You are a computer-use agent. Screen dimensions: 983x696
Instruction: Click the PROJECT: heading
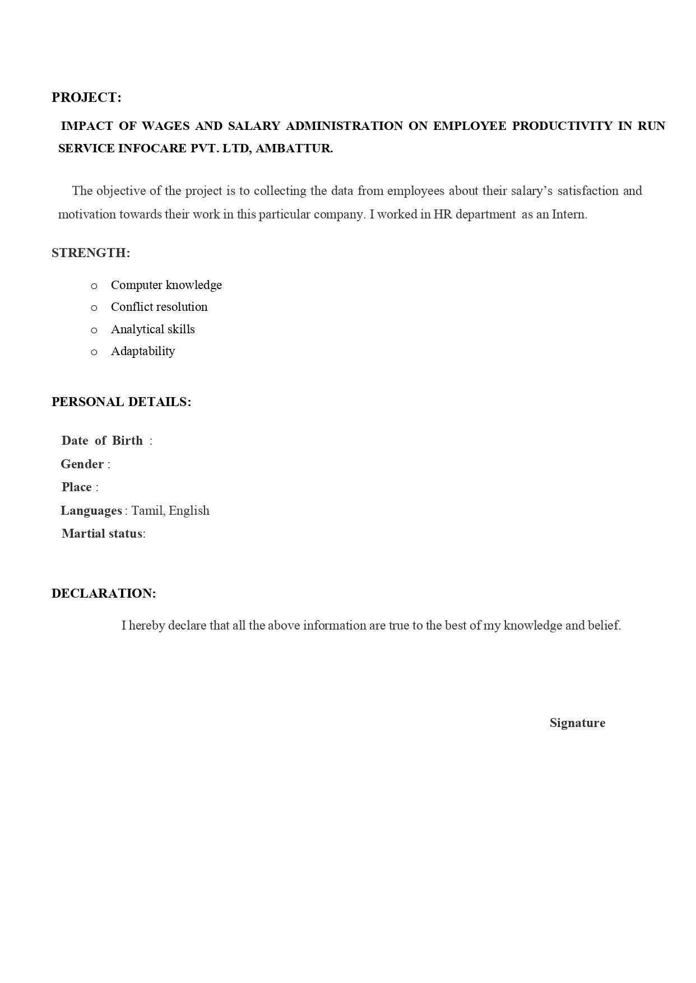(x=86, y=97)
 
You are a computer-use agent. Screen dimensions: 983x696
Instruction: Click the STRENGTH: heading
(x=91, y=253)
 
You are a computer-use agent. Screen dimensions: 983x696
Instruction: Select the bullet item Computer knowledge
(x=166, y=285)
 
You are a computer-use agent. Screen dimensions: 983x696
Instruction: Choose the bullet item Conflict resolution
(x=159, y=307)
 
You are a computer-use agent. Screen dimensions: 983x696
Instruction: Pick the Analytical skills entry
(x=152, y=329)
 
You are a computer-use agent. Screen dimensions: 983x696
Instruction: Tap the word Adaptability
(x=143, y=351)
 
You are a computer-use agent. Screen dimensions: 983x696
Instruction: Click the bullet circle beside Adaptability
(x=94, y=352)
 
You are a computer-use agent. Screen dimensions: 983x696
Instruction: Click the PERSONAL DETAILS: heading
(x=121, y=402)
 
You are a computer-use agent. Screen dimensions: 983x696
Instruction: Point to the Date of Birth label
(x=102, y=441)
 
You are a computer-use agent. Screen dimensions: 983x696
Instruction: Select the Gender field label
(x=82, y=464)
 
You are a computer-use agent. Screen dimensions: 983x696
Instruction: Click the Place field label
(x=77, y=487)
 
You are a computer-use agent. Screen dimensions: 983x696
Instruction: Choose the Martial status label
(x=102, y=534)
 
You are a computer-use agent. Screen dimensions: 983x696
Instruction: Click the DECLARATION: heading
(x=104, y=594)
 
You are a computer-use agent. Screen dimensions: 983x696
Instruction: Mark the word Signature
(x=577, y=723)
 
